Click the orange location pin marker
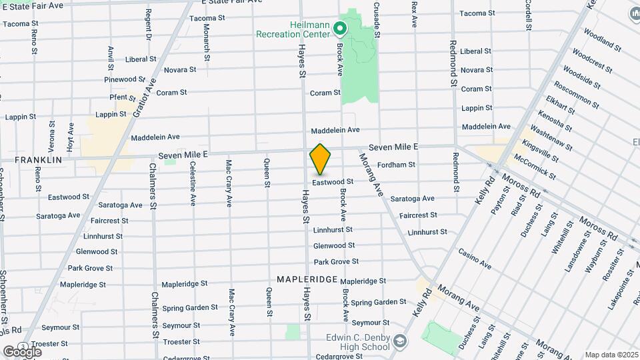point(320,159)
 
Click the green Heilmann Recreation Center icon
point(339,28)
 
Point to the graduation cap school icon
point(399,342)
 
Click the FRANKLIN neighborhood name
point(38,160)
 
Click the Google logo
point(22,351)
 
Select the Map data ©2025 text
point(611,355)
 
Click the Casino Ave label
point(475,259)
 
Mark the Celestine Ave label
point(193,182)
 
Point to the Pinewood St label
point(120,79)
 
